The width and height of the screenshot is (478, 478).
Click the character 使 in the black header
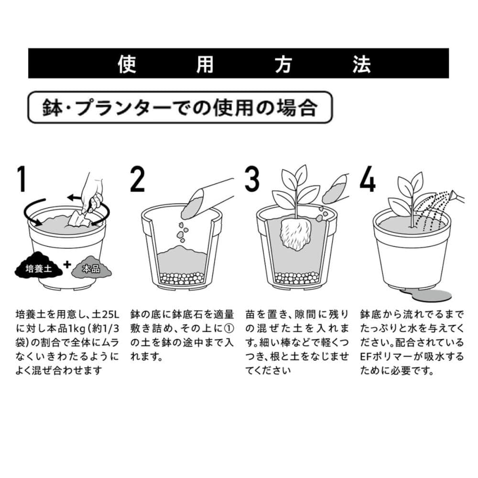(127, 64)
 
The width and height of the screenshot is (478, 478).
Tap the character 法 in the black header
(361, 64)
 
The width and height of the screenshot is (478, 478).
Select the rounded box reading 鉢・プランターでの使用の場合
(180, 107)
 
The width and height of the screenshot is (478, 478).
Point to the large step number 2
(137, 179)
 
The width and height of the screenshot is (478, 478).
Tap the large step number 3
(252, 179)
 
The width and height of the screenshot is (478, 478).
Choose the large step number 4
(368, 179)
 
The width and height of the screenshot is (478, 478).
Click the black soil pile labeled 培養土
(38, 266)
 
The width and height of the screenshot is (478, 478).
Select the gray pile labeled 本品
(91, 267)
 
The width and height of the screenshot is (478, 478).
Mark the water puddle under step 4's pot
(426, 295)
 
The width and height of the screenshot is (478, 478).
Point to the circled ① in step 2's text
(229, 328)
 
